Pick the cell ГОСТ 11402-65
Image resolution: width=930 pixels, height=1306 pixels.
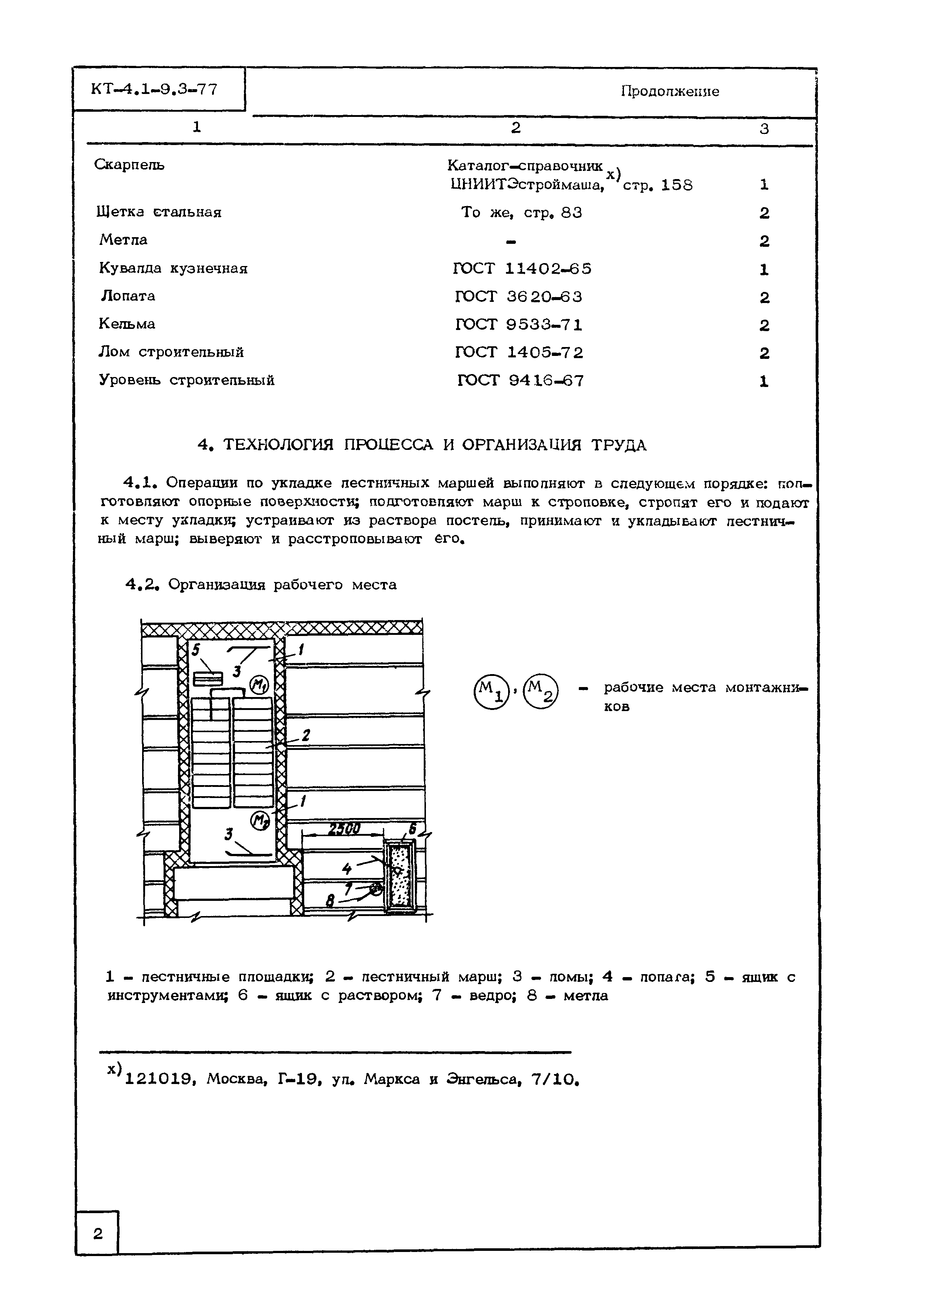pyautogui.click(x=522, y=269)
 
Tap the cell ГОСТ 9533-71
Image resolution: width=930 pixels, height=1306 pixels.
pyautogui.click(x=519, y=324)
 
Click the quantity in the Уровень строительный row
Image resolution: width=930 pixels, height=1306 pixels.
pyautogui.click(x=763, y=381)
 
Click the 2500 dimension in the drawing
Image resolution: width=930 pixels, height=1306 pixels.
pyautogui.click(x=343, y=828)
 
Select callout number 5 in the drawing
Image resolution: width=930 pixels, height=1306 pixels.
pyautogui.click(x=196, y=650)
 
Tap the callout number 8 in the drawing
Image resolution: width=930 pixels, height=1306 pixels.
pyautogui.click(x=330, y=901)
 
